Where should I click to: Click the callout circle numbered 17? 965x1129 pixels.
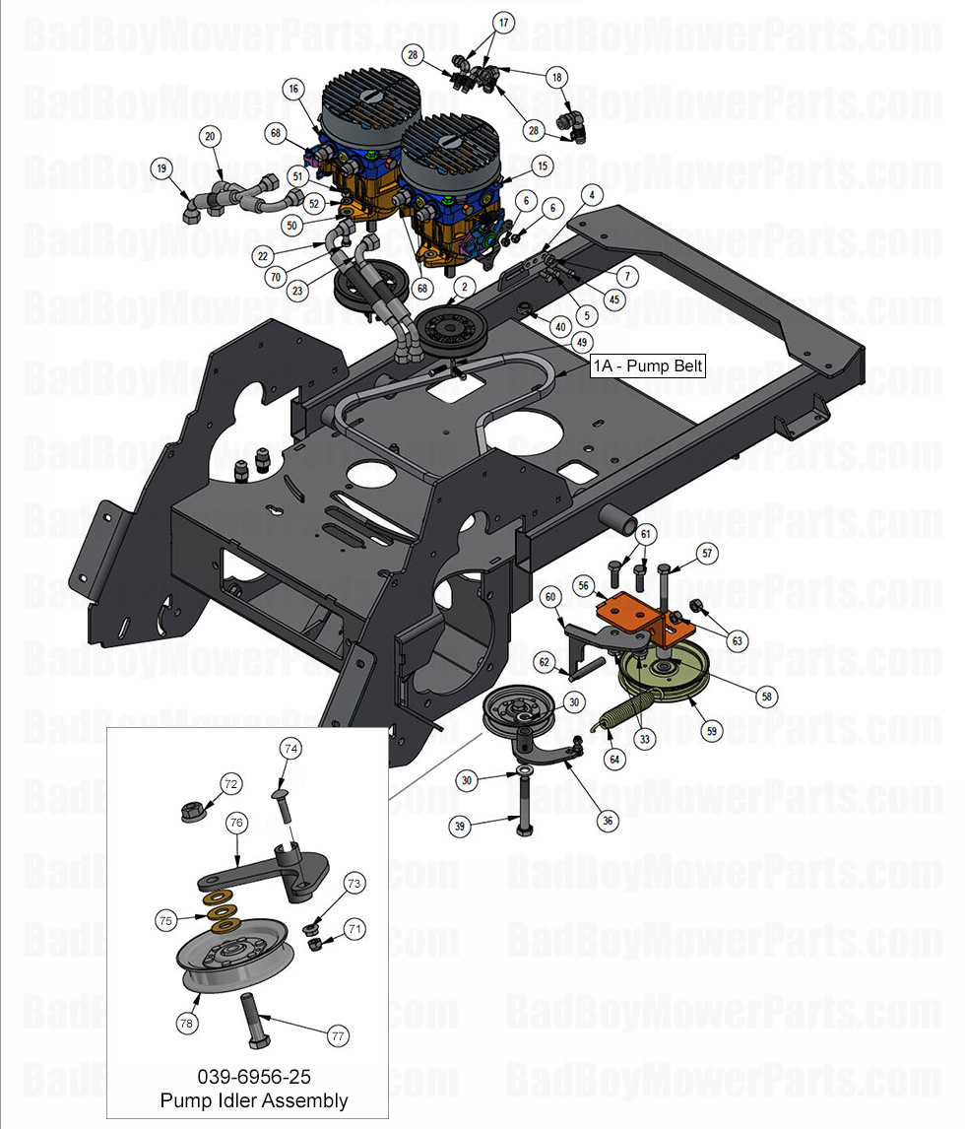[503, 22]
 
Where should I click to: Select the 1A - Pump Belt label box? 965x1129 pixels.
[647, 365]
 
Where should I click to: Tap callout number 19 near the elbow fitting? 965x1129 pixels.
[161, 168]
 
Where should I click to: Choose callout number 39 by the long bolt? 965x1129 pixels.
[459, 827]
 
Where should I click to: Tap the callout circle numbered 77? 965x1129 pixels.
[338, 1036]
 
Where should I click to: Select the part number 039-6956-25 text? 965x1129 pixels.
[253, 1077]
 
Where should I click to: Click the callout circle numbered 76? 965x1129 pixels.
[235, 821]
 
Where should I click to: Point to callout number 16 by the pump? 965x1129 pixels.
[292, 89]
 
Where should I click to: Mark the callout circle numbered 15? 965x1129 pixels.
[541, 165]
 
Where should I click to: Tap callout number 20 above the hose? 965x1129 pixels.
[210, 136]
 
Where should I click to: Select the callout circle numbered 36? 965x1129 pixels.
[607, 820]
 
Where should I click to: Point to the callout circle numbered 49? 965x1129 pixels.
[582, 342]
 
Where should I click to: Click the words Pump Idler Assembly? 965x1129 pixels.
[253, 1100]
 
